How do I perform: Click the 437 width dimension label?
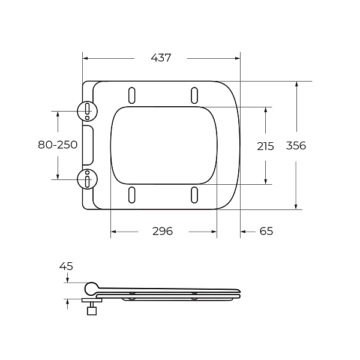pos(161,58)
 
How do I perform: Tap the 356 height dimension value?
pos(296,146)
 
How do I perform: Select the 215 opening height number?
pos(265,146)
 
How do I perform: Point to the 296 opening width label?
pos(163,231)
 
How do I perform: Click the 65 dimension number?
pos(266,231)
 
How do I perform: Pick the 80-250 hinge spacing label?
pos(58,145)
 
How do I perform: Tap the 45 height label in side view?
pos(66,266)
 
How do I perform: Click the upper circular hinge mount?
pos(87,112)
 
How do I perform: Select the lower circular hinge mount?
pos(87,179)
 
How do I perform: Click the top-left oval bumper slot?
pos(132,95)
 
